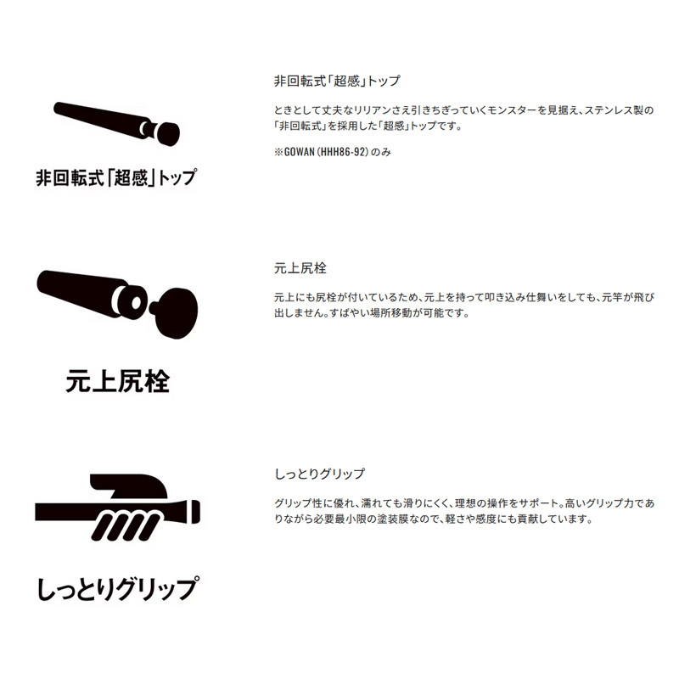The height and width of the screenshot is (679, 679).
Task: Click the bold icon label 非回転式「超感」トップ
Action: point(116,177)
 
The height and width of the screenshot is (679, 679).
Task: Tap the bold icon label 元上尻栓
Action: point(117,381)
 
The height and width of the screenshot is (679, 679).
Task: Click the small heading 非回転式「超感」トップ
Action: point(337,81)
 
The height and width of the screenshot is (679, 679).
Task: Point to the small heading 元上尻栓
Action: point(300,268)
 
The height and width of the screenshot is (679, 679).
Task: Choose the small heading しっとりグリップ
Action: point(320,474)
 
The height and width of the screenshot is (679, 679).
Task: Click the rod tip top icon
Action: point(116,123)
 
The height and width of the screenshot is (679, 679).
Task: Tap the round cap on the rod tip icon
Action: point(168,133)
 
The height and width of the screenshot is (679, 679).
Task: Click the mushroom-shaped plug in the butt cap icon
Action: point(174,311)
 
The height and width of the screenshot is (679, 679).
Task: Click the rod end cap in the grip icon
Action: point(195,512)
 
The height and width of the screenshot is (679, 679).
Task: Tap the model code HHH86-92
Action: point(344,152)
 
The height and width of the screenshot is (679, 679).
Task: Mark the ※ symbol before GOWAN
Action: point(278,152)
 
